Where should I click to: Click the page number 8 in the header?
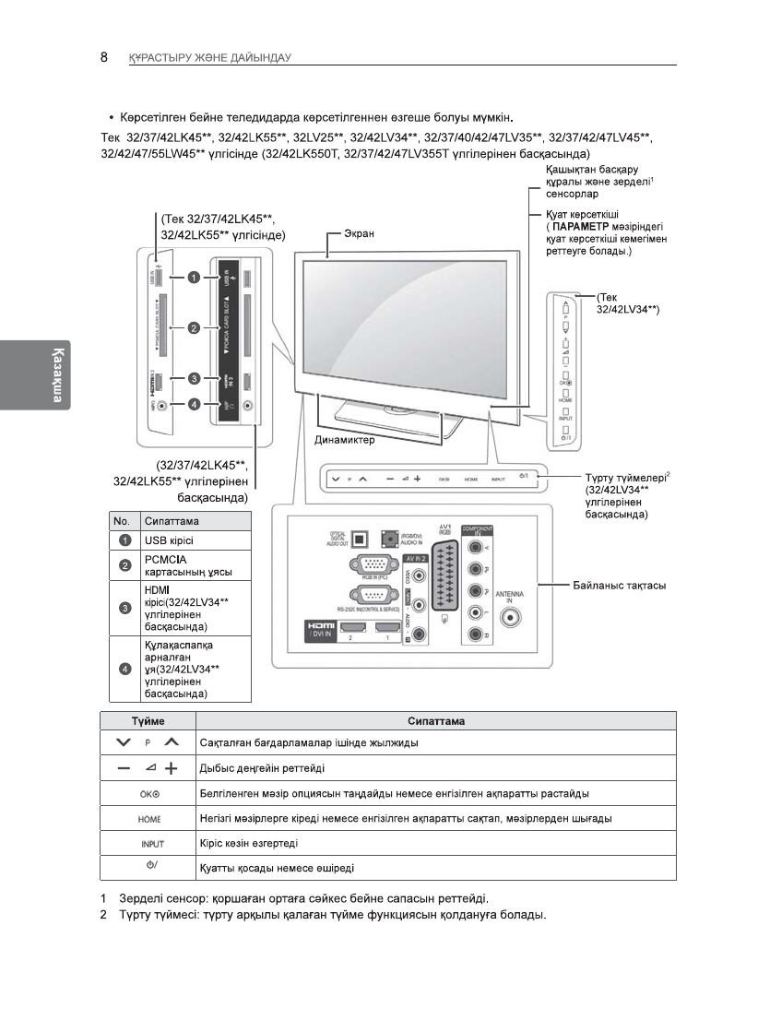[x=104, y=57]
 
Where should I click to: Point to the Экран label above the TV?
[x=359, y=234]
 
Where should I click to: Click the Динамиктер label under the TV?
[x=346, y=440]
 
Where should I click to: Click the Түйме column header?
[x=148, y=721]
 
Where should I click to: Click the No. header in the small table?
[x=122, y=521]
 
